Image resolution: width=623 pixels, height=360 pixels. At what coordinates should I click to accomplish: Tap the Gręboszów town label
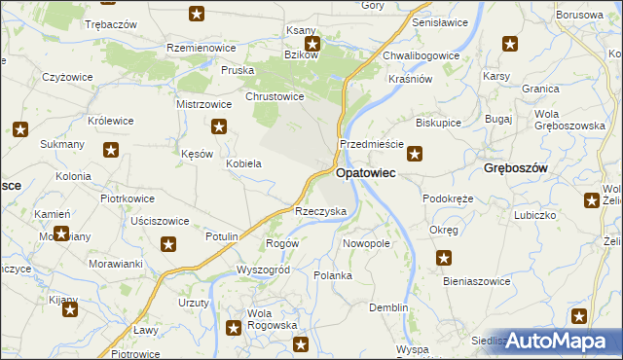point(516,168)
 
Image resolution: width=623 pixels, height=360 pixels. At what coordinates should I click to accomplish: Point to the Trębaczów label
point(111,22)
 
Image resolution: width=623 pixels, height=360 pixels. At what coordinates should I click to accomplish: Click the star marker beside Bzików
point(312,44)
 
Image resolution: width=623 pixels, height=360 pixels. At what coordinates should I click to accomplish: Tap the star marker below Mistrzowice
point(220,126)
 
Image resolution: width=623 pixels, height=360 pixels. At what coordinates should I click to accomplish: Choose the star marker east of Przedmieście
point(415,152)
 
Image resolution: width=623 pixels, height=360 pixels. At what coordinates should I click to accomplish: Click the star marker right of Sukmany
point(112,150)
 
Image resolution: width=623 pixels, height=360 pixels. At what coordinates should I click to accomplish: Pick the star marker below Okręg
point(444,258)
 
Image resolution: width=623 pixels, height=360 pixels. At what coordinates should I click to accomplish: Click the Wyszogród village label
point(263,269)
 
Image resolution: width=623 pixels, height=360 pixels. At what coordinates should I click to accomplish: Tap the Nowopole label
point(367,243)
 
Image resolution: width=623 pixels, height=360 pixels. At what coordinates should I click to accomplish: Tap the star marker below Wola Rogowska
point(301,344)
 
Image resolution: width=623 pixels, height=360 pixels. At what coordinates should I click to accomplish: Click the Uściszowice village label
point(160,221)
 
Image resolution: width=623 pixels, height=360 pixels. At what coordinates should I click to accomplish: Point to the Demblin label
point(388,307)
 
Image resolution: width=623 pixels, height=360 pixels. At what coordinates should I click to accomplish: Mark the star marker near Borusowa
point(510,44)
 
